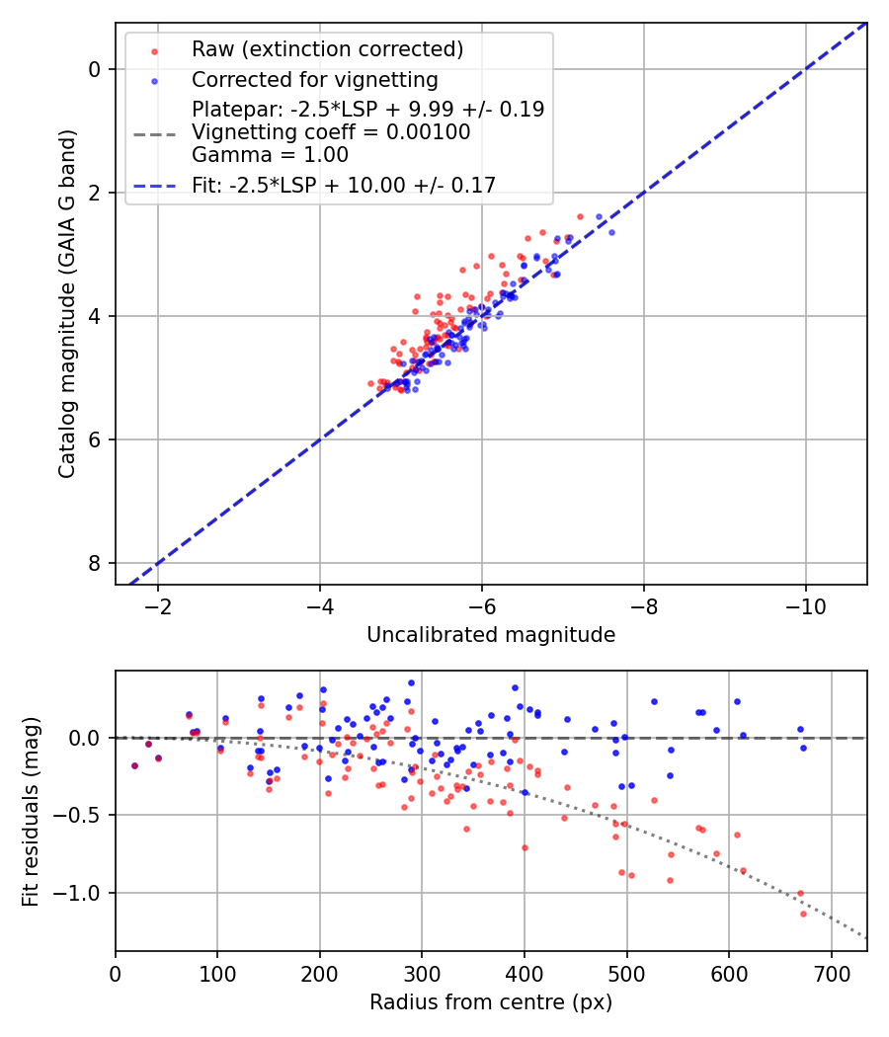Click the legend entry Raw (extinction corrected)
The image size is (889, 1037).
(x=327, y=49)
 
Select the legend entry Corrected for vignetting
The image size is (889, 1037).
(x=315, y=79)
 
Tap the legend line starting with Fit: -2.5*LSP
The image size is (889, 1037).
(x=344, y=184)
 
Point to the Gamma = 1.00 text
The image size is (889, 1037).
(x=270, y=154)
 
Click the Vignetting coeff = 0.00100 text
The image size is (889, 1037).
(x=331, y=132)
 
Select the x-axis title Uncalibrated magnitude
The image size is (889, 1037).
(x=491, y=635)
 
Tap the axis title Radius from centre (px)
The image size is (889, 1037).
(x=491, y=1002)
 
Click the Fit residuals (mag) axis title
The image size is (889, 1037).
(x=31, y=811)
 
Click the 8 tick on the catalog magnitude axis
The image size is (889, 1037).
(x=95, y=563)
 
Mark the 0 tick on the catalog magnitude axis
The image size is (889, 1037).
(x=95, y=69)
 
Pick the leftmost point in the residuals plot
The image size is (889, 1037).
(x=134, y=765)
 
